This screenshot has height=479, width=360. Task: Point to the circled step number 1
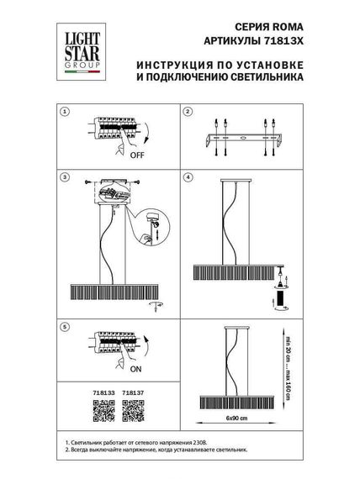[64, 112]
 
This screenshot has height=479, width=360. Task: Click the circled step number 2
[189, 112]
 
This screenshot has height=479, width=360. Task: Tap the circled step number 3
[64, 177]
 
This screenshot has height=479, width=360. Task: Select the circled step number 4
[189, 177]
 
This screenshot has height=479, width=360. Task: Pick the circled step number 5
[64, 325]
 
